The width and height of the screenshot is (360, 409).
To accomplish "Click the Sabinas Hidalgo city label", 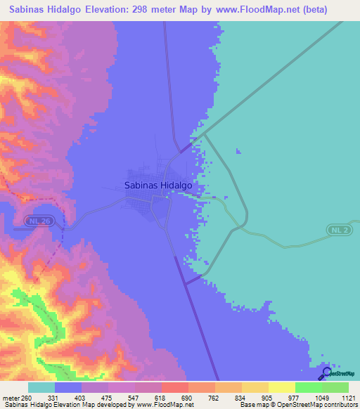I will click(x=158, y=186).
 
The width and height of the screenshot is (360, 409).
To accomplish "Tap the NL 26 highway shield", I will click(x=40, y=221).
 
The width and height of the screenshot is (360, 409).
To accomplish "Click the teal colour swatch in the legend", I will click(x=41, y=387).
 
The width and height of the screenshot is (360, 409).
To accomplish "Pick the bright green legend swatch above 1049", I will click(x=308, y=387).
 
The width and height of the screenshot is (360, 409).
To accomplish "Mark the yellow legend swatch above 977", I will click(x=281, y=387).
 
